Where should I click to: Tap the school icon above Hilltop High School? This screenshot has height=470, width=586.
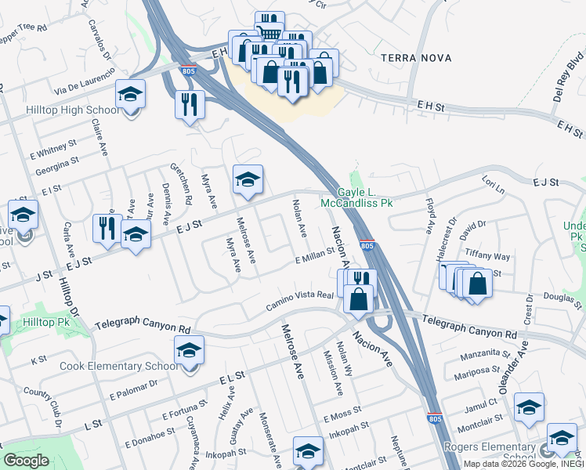tap(130, 96)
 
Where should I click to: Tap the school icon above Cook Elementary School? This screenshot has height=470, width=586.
tap(189, 352)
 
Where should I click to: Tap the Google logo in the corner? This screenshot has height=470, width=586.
tap(26, 461)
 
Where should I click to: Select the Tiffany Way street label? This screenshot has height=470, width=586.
tap(487, 256)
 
